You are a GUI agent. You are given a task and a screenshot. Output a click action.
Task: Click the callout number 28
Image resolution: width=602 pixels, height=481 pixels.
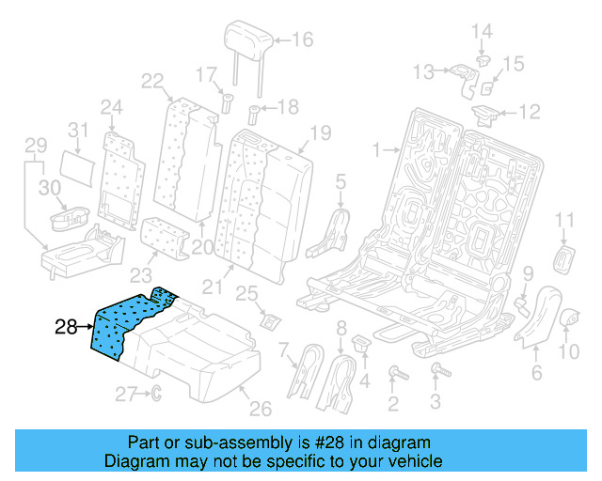click(x=65, y=327)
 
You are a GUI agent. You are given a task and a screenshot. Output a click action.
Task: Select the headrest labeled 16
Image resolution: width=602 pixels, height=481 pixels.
click(x=248, y=39)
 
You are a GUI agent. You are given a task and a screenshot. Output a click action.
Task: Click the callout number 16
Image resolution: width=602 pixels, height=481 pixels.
click(x=302, y=39)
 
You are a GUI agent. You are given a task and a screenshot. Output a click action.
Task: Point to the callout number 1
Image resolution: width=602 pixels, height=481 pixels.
click(x=376, y=149)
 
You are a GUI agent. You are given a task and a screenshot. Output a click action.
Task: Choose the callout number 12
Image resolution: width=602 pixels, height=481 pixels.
click(x=531, y=113)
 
